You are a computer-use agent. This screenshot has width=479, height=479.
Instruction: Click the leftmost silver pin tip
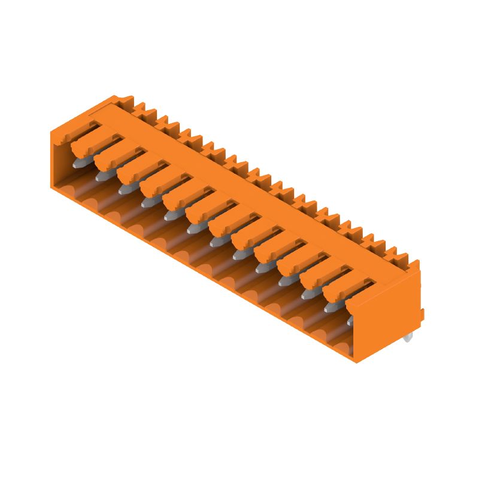coord(77,162)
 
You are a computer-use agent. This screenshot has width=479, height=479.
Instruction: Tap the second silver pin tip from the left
coord(100,177)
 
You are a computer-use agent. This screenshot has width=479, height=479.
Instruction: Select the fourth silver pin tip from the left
coord(146,203)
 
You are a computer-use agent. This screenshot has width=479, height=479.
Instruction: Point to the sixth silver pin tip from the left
coord(192,229)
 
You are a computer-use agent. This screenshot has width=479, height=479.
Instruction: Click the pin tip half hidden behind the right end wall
coord(350,321)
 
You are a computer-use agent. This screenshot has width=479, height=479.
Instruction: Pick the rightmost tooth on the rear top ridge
coord(413,263)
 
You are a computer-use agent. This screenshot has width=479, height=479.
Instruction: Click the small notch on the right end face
coord(422,315)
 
